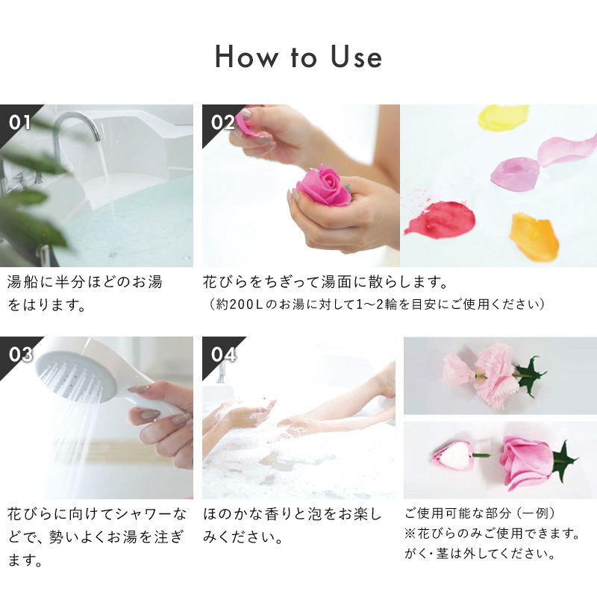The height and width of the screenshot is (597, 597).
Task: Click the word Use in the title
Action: (x=356, y=57)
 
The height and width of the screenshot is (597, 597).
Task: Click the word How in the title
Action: (x=247, y=57)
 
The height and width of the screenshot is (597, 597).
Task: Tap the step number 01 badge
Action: (x=19, y=122)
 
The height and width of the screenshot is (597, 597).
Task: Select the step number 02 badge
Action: (x=222, y=122)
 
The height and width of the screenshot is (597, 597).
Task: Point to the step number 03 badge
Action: (x=20, y=354)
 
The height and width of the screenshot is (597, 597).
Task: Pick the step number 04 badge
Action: (x=222, y=354)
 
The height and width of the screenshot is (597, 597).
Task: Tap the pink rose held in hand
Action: (x=324, y=186)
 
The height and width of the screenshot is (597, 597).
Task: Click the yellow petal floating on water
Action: (x=501, y=117)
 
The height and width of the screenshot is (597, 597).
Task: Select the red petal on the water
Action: (x=442, y=218)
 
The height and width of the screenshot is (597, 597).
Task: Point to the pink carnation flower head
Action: (x=494, y=375)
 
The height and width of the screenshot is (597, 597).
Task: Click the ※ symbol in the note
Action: (x=410, y=534)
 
